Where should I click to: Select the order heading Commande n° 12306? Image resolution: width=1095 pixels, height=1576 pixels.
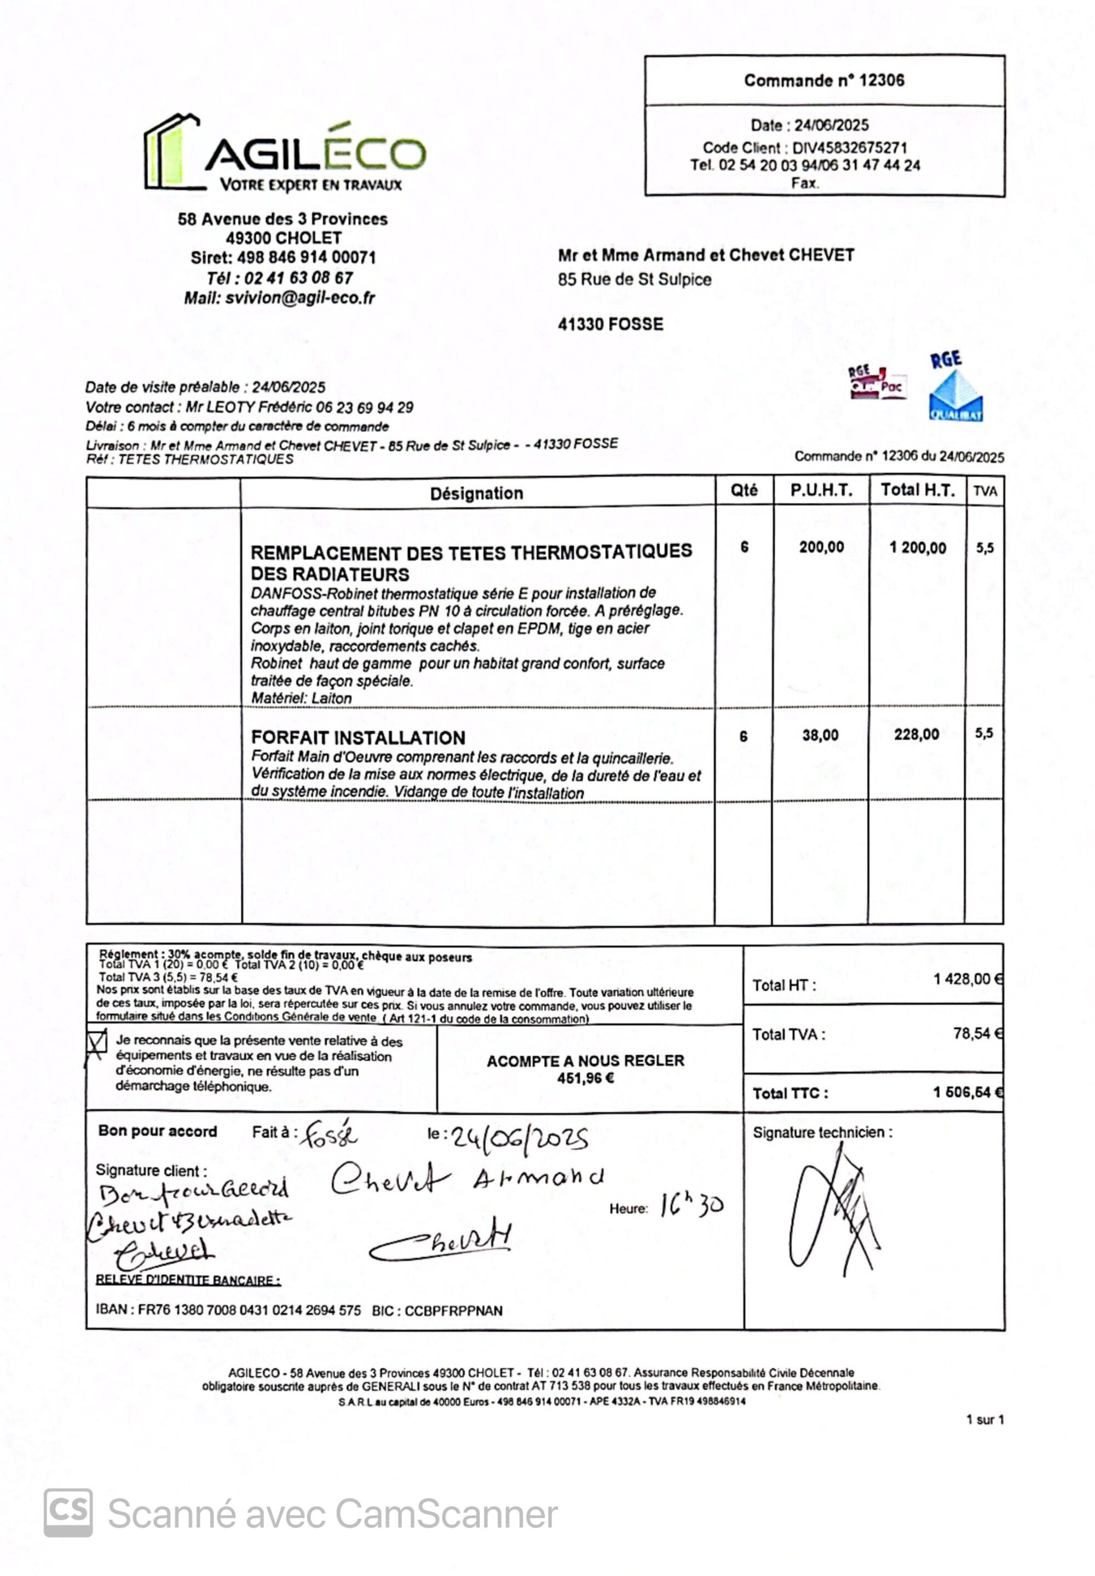click(824, 80)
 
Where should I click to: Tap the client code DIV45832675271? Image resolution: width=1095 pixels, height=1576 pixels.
click(849, 147)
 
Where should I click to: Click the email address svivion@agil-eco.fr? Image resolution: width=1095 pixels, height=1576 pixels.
click(300, 298)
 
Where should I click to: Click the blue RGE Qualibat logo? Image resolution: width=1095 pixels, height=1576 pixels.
click(955, 389)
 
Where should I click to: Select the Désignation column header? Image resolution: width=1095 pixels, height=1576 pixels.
click(476, 493)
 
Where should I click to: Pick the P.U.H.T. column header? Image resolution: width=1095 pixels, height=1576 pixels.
click(821, 491)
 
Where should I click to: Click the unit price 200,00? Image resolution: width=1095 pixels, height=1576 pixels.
click(821, 547)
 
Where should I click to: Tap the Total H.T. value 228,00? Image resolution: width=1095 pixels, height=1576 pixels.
click(916, 735)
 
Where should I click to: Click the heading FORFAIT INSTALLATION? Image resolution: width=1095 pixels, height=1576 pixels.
click(358, 738)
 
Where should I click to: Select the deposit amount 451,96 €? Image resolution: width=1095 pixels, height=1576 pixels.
click(585, 1078)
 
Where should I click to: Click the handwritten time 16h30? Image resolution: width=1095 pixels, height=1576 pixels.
click(691, 1204)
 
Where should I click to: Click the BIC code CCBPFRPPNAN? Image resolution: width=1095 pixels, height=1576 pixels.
click(453, 1310)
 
